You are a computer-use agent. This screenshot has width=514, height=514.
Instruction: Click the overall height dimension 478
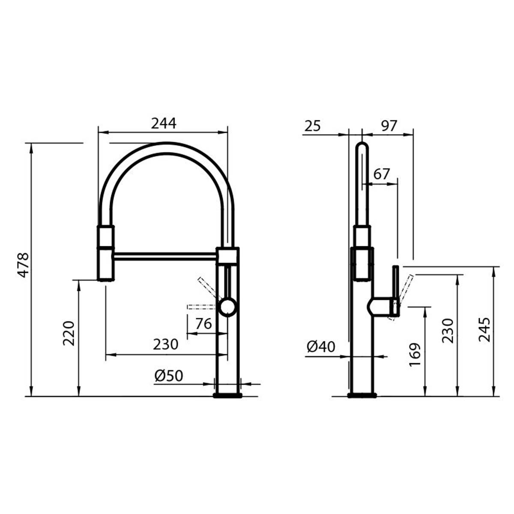coord(23,265)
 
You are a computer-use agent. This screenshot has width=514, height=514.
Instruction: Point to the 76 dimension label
coord(203,324)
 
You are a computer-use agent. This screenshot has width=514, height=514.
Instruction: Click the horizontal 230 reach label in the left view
coord(165,344)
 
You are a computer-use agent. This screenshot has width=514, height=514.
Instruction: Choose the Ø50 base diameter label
coord(168,376)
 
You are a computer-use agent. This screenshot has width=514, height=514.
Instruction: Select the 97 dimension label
coord(389,126)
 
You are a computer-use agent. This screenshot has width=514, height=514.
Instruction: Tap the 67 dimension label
coord(382,174)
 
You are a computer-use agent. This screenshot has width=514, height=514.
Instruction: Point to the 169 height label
coord(415,355)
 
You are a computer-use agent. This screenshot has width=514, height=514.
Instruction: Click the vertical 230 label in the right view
coord(447,330)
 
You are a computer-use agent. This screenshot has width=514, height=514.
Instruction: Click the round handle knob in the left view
coord(227,308)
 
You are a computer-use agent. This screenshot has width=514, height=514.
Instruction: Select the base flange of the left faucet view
coord(228,394)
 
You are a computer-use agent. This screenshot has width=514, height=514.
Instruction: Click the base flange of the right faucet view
coord(362,395)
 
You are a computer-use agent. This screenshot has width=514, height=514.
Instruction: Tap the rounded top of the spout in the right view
coord(362,146)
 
